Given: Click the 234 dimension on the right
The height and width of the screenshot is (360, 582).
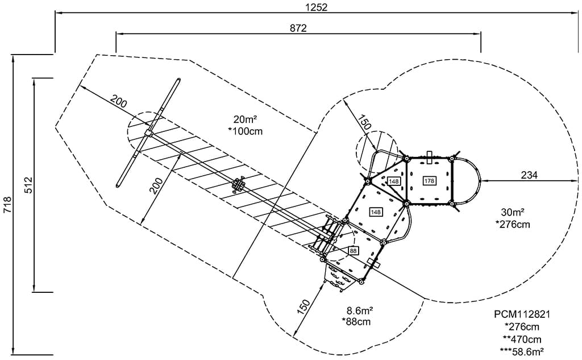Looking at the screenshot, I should [x=529, y=175].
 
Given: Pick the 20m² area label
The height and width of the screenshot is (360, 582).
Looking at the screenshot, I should [x=245, y=119].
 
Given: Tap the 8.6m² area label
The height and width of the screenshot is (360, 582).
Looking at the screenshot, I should [x=360, y=311].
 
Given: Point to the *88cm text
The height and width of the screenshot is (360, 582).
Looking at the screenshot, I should [x=356, y=322].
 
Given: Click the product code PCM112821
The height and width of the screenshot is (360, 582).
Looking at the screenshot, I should [x=522, y=315].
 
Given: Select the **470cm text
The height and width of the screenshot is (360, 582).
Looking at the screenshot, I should [x=522, y=340].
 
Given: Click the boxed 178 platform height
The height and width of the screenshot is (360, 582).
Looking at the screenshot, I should [x=429, y=181].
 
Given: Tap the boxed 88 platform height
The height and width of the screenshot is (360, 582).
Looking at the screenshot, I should [x=352, y=251].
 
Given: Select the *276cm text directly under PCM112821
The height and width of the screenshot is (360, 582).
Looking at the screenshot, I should [x=522, y=327].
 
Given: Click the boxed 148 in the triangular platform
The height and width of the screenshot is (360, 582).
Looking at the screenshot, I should [x=394, y=181].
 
